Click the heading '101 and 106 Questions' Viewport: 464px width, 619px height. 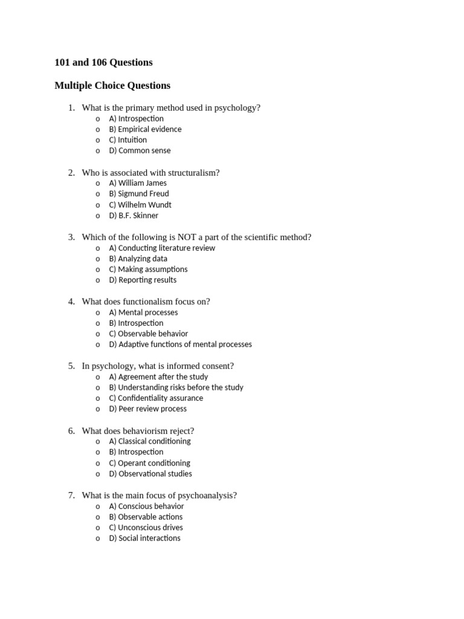pyautogui.click(x=103, y=62)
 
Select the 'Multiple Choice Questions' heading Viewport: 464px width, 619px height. pyautogui.click(x=112, y=85)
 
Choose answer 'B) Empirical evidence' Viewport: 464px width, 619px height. pyautogui.click(x=145, y=129)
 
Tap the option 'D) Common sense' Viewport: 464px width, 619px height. pyautogui.click(x=140, y=151)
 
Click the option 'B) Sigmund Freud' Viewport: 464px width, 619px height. pyautogui.click(x=139, y=194)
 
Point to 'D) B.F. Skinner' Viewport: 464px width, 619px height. pyautogui.click(x=134, y=216)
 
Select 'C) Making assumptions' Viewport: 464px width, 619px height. pyautogui.click(x=148, y=270)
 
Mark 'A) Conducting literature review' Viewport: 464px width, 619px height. pyautogui.click(x=162, y=248)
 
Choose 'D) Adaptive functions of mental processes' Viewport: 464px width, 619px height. pyautogui.click(x=180, y=345)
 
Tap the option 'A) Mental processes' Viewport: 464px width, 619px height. pyautogui.click(x=143, y=313)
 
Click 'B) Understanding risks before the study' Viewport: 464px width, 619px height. pyautogui.click(x=176, y=387)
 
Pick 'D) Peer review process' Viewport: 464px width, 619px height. pyautogui.click(x=147, y=409)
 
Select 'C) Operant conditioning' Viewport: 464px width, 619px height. pyautogui.click(x=149, y=463)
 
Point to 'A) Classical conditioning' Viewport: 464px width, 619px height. pyautogui.click(x=149, y=441)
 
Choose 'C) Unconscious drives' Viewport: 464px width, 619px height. pyautogui.click(x=146, y=528)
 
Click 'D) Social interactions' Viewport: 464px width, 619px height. pyautogui.click(x=144, y=539)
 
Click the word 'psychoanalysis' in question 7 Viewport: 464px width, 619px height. pyautogui.click(x=205, y=496)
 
